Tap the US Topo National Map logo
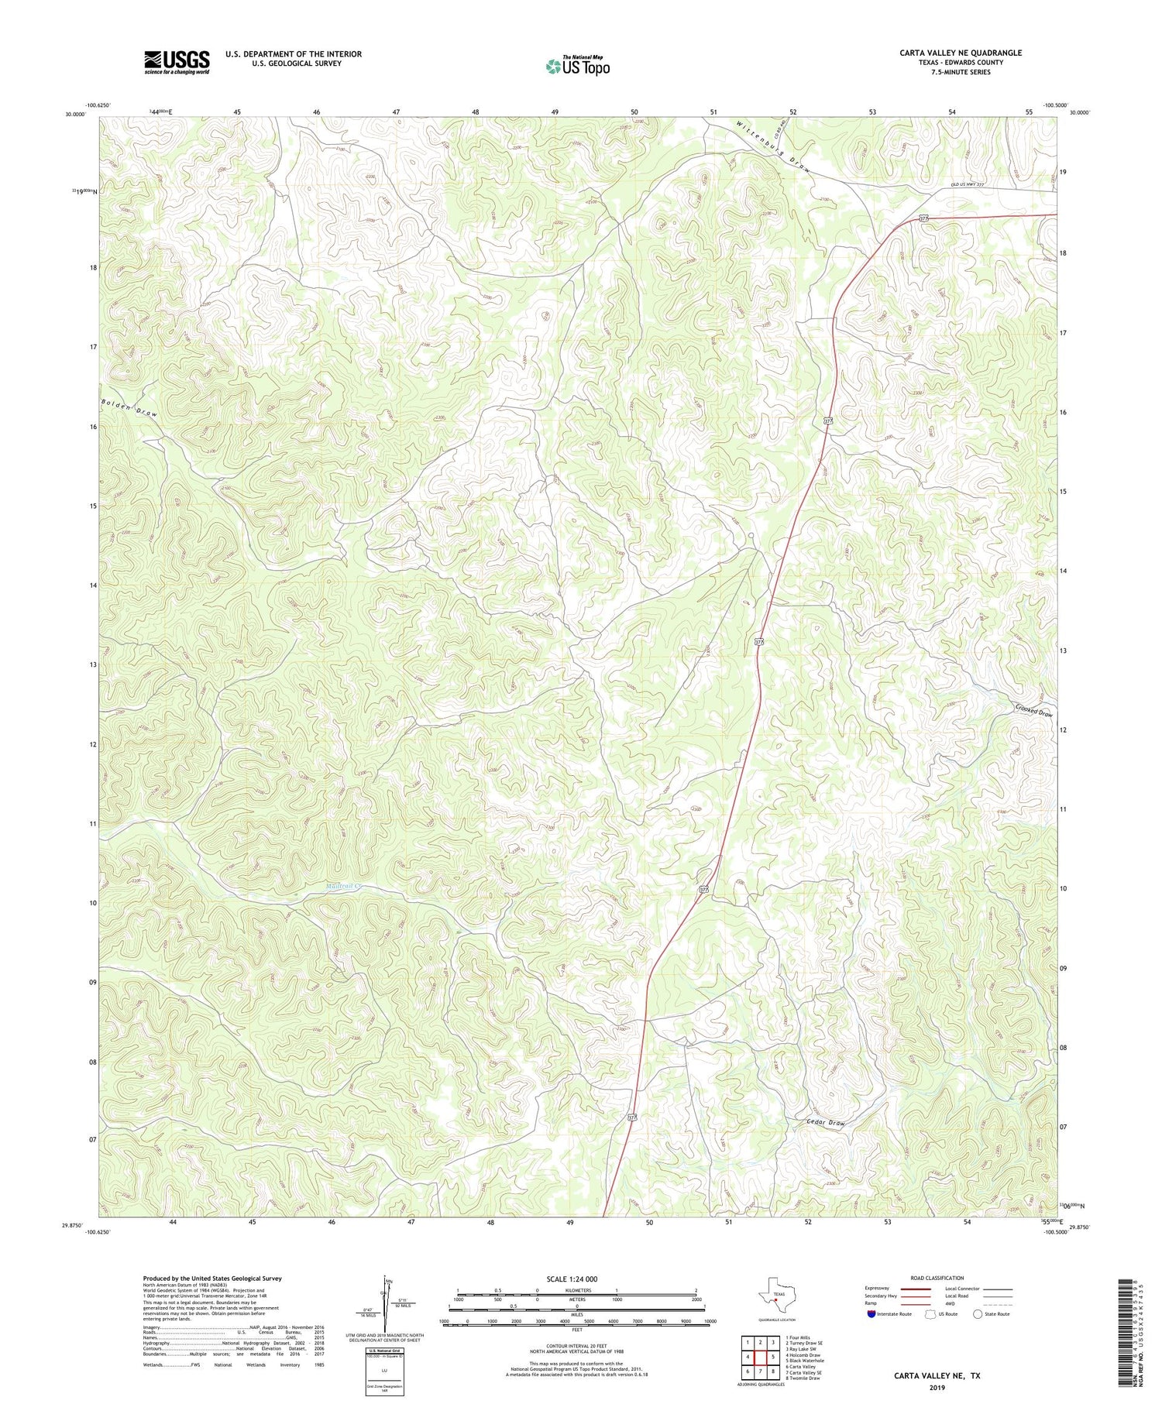coord(577,67)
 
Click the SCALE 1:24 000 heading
coord(574,1279)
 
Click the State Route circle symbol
coord(978,1313)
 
